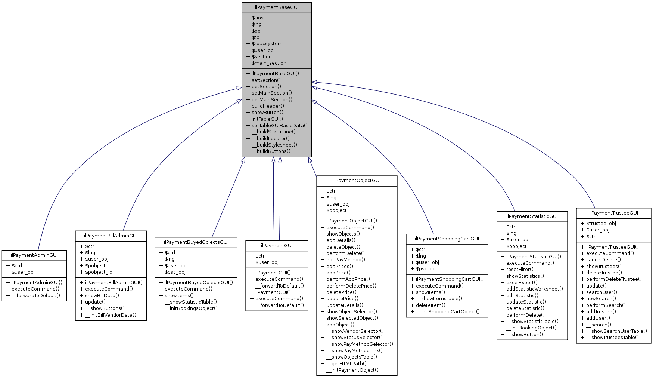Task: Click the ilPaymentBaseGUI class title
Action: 277,7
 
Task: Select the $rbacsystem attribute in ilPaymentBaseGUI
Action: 267,44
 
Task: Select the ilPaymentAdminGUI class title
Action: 34,255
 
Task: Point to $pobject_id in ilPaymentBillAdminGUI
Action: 98,272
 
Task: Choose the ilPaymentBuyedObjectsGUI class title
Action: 196,242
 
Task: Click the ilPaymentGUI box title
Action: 277,246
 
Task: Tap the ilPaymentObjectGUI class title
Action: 357,181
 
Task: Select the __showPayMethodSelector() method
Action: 359,344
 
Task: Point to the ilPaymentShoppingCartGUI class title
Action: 447,239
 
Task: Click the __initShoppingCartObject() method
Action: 447,311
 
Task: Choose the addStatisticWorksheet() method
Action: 534,289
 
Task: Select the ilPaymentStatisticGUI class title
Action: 532,216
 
